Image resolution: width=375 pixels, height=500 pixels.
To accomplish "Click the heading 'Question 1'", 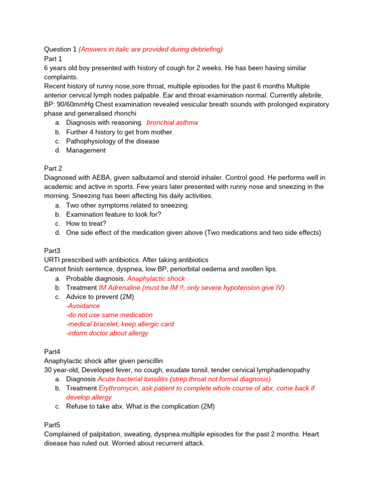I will [x=60, y=49].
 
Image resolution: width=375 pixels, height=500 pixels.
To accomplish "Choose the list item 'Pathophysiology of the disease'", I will [x=112, y=141].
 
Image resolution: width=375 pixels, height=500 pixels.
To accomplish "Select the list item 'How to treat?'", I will [x=86, y=223].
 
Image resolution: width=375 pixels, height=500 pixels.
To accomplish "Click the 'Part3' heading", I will [x=52, y=250].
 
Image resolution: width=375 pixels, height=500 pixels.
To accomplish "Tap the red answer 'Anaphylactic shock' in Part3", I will [x=156, y=278].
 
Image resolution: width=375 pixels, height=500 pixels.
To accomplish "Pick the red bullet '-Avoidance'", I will [x=83, y=306].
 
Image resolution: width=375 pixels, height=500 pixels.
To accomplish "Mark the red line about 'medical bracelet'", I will [x=120, y=324].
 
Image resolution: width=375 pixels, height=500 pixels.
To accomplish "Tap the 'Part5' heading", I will [x=52, y=425].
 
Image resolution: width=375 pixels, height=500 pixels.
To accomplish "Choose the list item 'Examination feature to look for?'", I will [x=114, y=214].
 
